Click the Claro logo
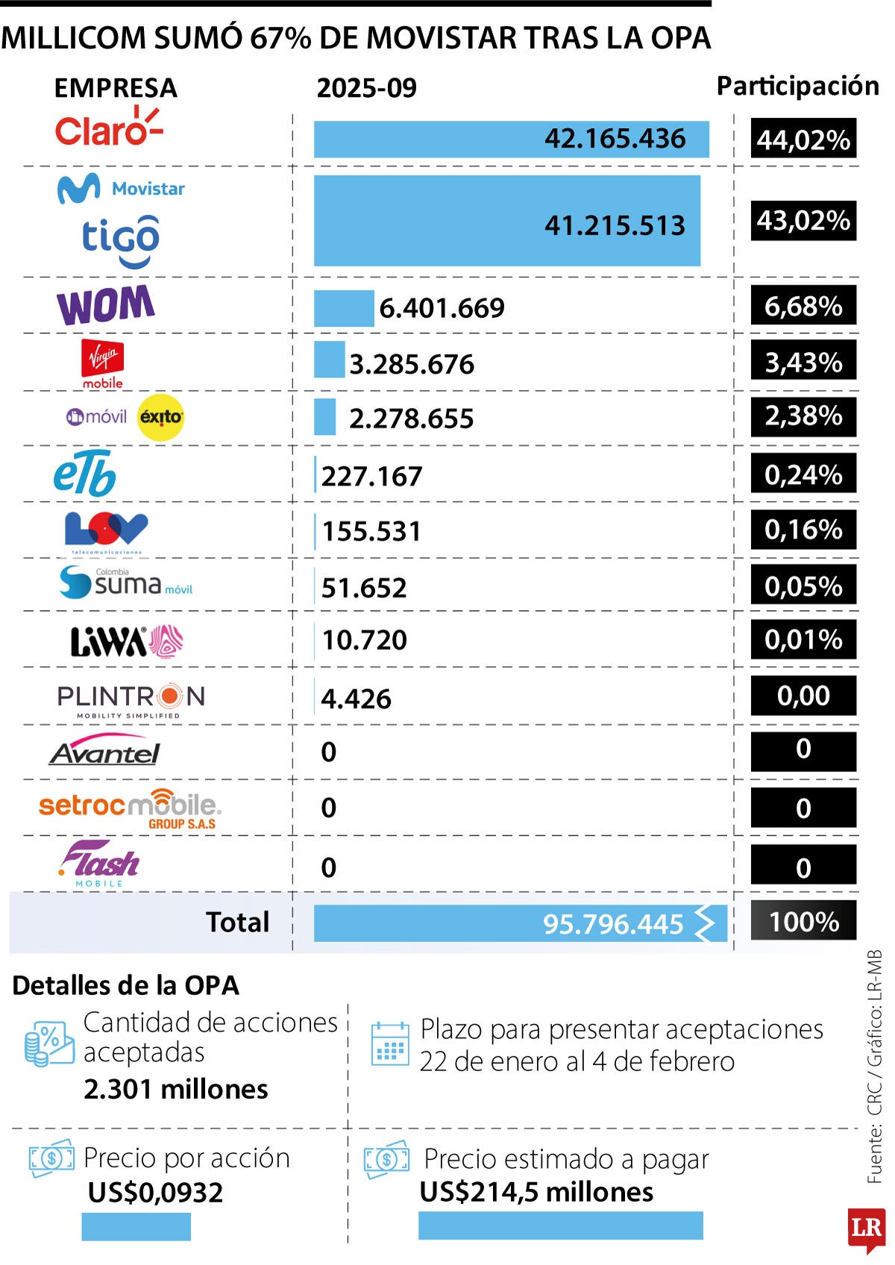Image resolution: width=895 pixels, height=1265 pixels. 107,128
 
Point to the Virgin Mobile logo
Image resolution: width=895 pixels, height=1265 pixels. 103,364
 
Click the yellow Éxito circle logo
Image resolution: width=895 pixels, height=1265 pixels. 161,418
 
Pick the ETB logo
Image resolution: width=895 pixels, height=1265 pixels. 85,474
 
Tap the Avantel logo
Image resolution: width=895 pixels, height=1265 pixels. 105,752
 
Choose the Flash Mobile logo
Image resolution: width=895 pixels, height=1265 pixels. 100,864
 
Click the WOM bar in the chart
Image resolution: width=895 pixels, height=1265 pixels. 344,308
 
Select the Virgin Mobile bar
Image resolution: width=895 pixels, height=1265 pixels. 329,360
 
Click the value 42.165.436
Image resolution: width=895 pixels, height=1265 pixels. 615,139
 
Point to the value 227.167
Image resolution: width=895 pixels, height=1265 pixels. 371,476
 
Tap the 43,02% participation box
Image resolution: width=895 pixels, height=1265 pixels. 803,221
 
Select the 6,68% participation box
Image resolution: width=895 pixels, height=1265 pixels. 803,306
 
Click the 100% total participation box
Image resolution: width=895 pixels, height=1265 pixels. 803,922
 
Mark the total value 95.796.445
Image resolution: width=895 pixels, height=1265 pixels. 612,924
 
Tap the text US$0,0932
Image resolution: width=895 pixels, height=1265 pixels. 155,1193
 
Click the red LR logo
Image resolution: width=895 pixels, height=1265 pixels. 866,1228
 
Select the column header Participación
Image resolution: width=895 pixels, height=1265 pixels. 797,87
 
